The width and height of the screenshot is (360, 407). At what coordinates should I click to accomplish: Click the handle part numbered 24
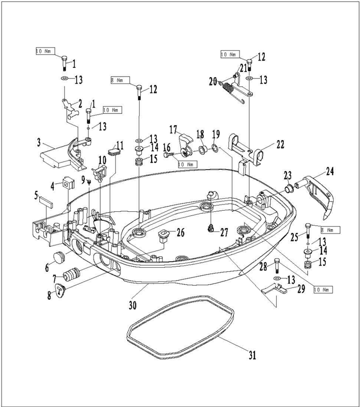point(320,192)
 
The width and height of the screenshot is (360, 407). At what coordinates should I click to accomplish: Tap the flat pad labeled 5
point(43,201)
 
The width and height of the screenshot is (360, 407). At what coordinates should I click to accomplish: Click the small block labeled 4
point(66,183)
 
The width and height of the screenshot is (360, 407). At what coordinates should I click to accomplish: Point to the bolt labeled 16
point(170,154)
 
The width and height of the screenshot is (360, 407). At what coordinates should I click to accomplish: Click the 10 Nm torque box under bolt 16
point(187,164)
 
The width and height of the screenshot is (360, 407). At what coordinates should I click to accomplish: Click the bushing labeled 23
point(288,186)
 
